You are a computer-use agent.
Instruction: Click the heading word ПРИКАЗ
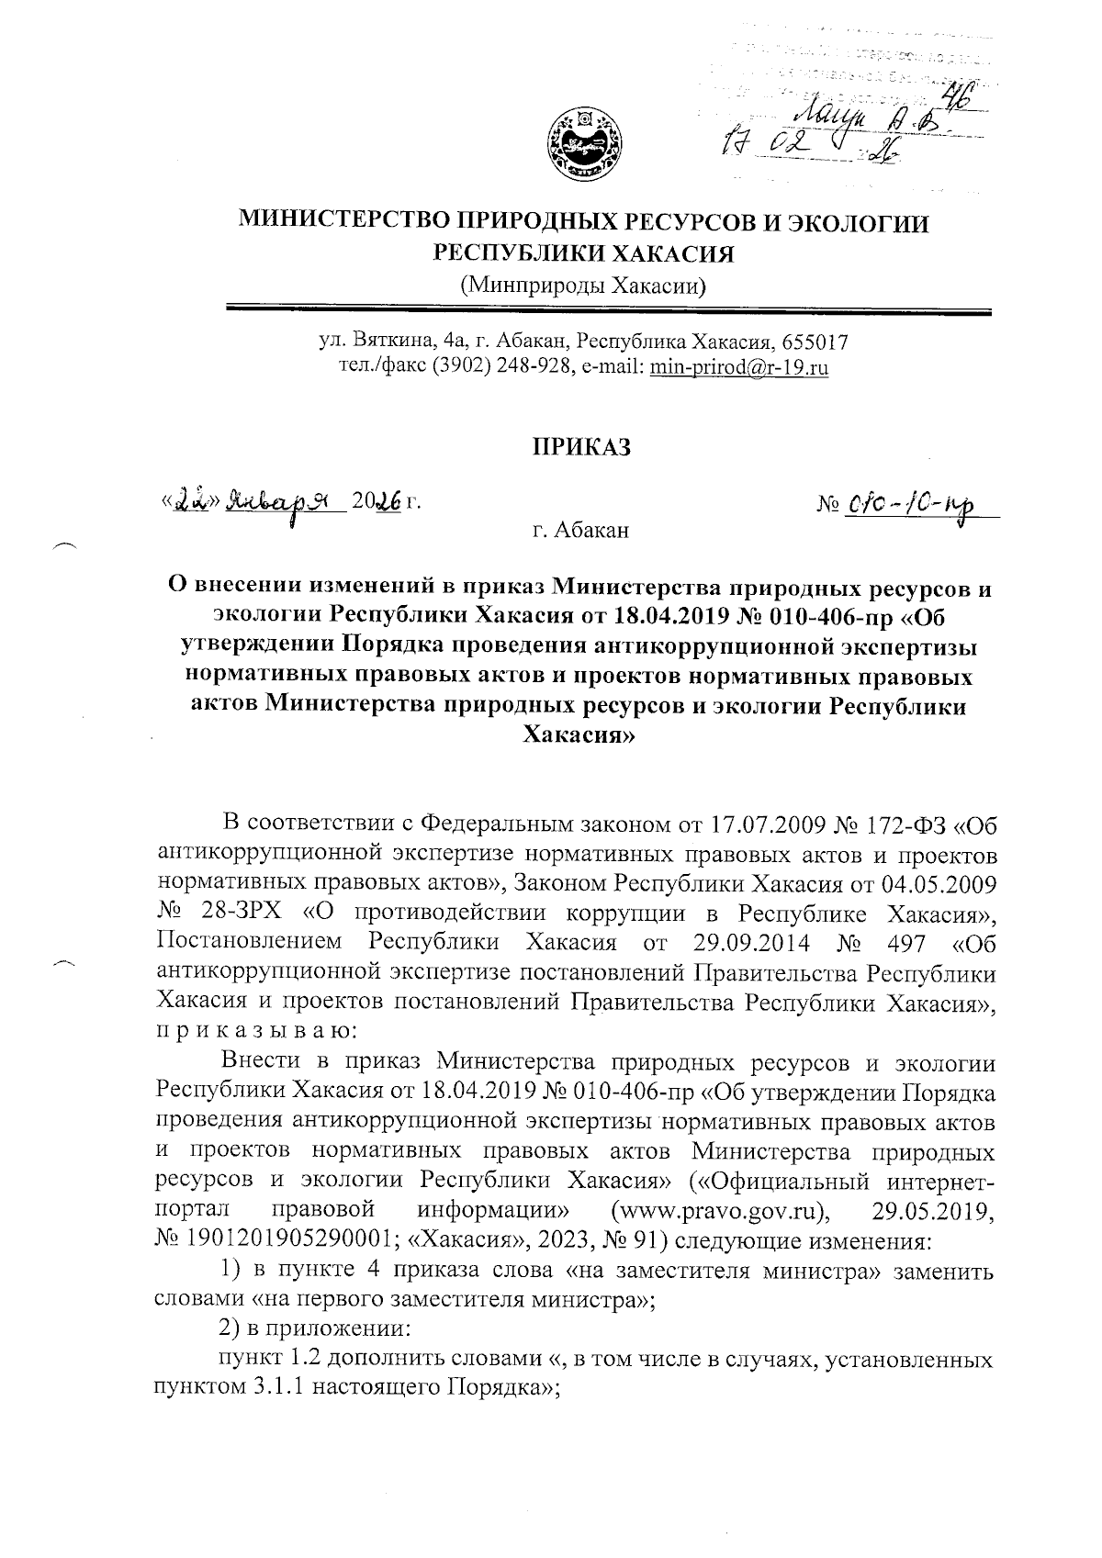click(583, 447)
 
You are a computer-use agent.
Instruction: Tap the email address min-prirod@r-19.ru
click(740, 368)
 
